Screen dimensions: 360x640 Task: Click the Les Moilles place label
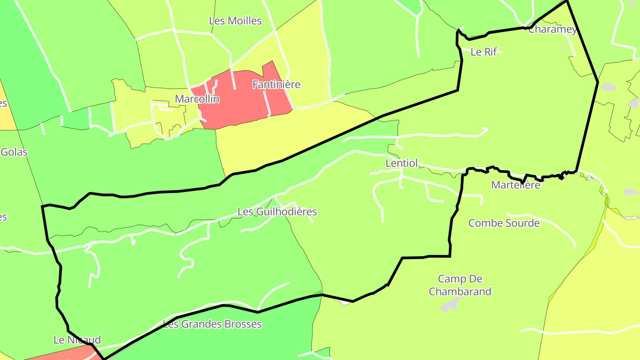coord(235,21)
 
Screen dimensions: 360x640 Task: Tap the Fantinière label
coord(276,84)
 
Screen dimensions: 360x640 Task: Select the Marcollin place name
coord(197,99)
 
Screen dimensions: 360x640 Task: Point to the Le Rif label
coord(484,52)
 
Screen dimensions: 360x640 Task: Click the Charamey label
coord(552,30)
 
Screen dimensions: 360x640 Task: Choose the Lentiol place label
coord(402,164)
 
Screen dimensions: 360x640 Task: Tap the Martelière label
coord(516,185)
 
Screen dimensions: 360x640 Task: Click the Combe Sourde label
coord(504,223)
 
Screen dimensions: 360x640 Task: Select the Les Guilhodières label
coord(277,212)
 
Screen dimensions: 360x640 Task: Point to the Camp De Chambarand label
coord(460,285)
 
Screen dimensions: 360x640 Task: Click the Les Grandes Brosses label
coord(212,324)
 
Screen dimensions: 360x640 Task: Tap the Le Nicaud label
coord(77,340)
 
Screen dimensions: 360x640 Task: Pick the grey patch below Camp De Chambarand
coord(450,305)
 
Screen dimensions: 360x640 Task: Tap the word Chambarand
coord(460,292)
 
